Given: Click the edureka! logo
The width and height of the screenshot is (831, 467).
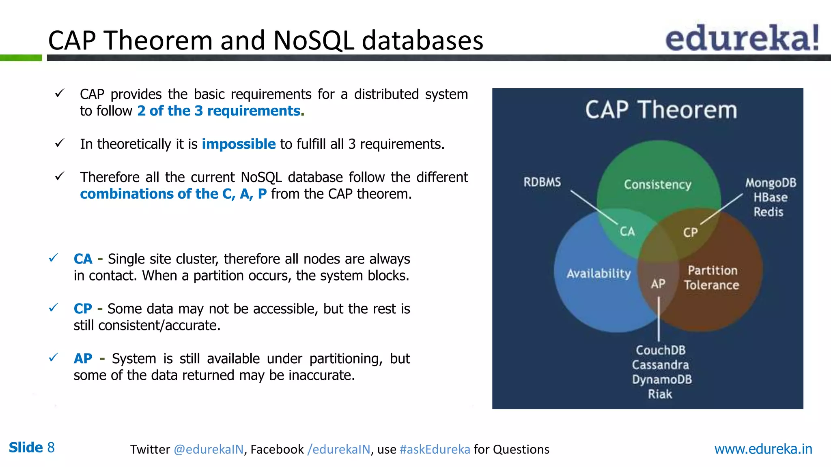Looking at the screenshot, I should coord(742,39).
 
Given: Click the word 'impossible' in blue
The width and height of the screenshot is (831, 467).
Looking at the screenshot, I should coord(239,144).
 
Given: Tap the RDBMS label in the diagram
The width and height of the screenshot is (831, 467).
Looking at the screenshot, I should coord(542,182).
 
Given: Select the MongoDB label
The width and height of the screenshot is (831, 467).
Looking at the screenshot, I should coord(771,183).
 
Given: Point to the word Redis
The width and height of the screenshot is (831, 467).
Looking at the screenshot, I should coord(768,212).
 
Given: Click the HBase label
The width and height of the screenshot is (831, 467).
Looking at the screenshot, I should coord(770,197).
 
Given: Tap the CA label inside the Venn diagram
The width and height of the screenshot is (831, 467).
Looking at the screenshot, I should coord(627,231).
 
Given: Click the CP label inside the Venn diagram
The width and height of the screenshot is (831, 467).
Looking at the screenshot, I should coord(690,233).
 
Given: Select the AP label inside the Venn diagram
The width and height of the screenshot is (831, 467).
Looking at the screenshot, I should coord(658,284).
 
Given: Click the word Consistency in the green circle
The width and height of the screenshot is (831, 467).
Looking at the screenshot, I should coord(657,185).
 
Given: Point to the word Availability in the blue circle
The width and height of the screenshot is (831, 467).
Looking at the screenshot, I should coord(598,274).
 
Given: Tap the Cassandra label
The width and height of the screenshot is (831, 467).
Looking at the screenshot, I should coord(660,365).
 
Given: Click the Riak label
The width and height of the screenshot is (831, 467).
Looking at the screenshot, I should coord(660,394).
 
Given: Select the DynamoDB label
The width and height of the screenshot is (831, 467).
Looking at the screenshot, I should coord(662,379).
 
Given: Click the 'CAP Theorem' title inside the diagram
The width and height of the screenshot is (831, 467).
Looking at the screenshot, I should coord(661,110).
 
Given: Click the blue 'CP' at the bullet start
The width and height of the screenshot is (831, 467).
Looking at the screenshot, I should coord(83,309).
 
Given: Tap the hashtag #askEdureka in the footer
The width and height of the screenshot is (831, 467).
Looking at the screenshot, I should coord(435,449).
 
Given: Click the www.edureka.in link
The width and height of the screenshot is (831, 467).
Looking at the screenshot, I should coord(763,449).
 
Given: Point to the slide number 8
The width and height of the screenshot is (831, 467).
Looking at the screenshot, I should coord(51,448).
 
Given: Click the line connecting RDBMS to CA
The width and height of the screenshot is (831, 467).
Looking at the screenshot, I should coord(594,207).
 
